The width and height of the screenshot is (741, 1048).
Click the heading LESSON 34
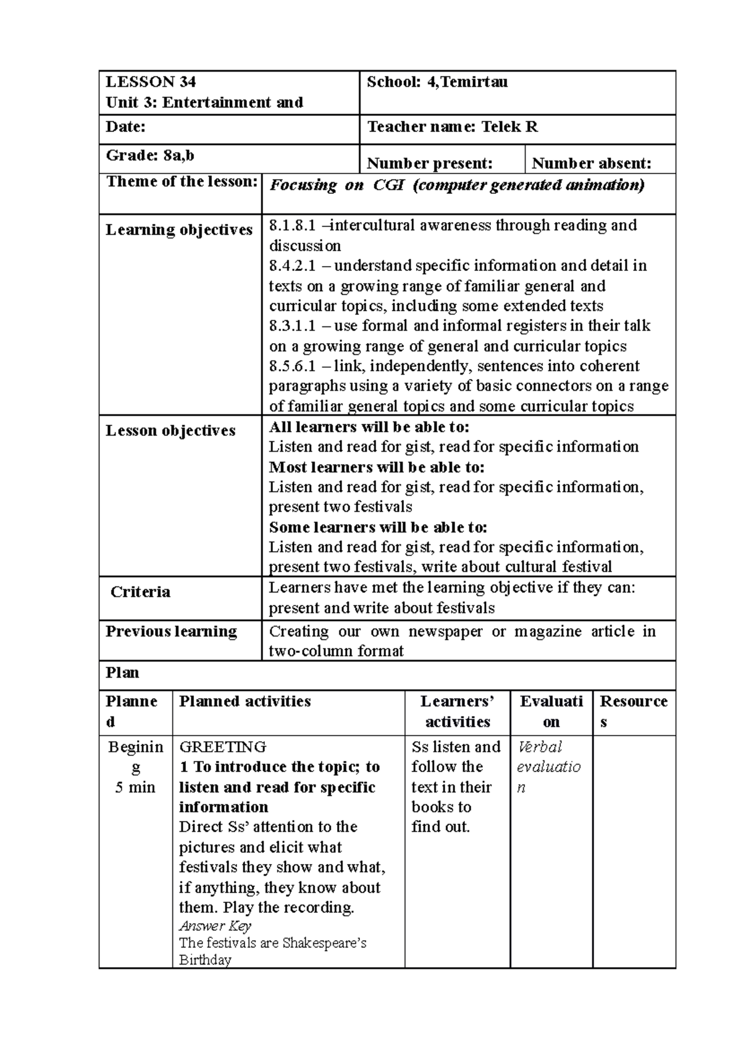[x=151, y=81]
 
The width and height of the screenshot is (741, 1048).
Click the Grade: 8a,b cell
[x=150, y=156]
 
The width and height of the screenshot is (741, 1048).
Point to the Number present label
[x=430, y=163]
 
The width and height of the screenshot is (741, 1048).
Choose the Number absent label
[x=591, y=163]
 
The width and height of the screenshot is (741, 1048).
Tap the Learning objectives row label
[x=179, y=230]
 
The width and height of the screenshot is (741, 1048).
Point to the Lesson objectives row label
[x=170, y=430]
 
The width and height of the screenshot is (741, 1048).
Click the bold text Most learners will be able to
[x=377, y=467]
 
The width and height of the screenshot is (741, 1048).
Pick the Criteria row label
[x=140, y=592]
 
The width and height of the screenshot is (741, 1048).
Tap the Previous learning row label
[x=171, y=631]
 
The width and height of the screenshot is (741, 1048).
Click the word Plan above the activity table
[x=122, y=672]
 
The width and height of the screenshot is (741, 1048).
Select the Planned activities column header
[x=245, y=701]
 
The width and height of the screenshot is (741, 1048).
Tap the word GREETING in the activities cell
[x=222, y=747]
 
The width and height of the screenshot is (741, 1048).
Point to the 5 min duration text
[x=135, y=787]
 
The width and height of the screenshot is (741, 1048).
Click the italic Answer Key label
[x=215, y=926]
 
